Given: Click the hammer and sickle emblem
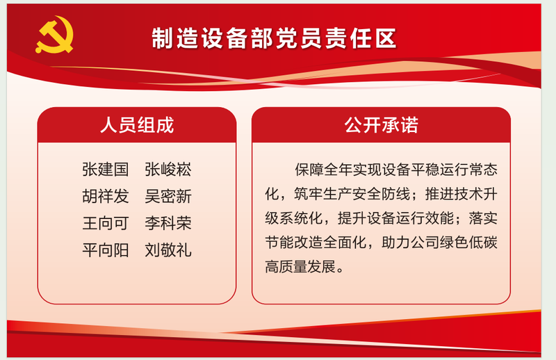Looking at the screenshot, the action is tap(54, 35).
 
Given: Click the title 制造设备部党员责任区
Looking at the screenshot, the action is tap(274, 38).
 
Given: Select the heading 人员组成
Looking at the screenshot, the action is tap(137, 125).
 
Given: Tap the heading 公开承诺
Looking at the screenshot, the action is tap(381, 125).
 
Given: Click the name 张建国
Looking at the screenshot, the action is tap(106, 169).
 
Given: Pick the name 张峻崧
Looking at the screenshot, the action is tap(168, 169).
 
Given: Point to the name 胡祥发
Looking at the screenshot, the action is tap(106, 196).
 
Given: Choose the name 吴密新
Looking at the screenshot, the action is tap(168, 196).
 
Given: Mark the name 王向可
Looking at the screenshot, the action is tap(106, 223).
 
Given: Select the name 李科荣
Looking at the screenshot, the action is tap(168, 223).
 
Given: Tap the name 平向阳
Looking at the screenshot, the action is tap(106, 250).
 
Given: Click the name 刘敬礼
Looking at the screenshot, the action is tap(168, 250).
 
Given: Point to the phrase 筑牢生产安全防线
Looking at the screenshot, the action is tap(352, 194).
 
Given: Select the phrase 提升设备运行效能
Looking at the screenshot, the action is tap(395, 218).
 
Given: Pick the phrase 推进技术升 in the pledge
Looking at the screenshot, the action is tap(461, 194).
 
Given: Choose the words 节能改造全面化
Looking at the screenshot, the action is tap(316, 243).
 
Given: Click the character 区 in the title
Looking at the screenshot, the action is tap(386, 38).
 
